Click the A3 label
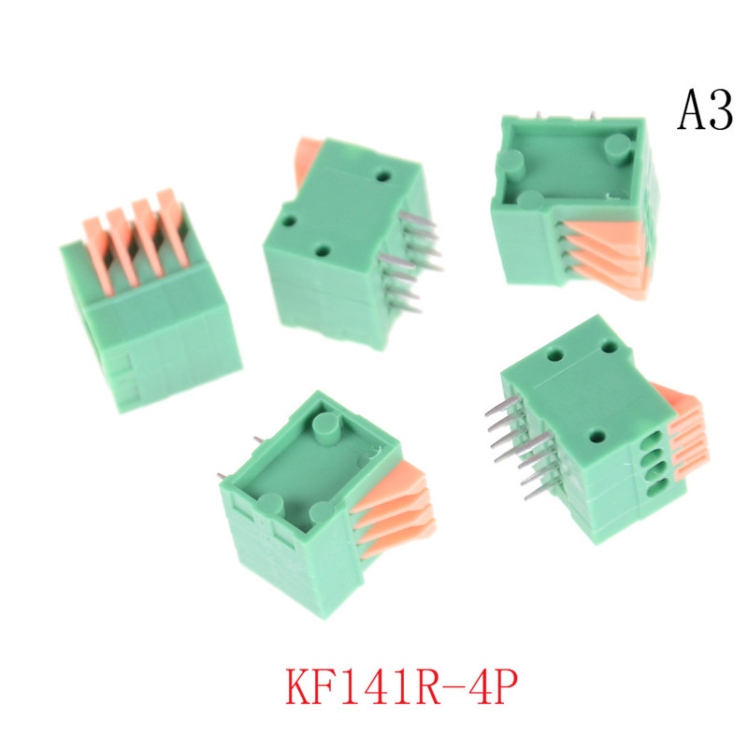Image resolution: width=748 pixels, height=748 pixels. point(705,110)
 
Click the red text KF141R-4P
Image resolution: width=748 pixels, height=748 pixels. point(401,686)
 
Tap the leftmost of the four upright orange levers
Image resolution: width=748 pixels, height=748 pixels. point(98,255)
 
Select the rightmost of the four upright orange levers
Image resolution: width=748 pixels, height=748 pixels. point(173,226)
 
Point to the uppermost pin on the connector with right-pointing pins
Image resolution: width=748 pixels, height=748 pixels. point(417,219)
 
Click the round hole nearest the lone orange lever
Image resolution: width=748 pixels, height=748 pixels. point(383,177)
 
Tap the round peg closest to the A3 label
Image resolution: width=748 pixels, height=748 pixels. point(618,150)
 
